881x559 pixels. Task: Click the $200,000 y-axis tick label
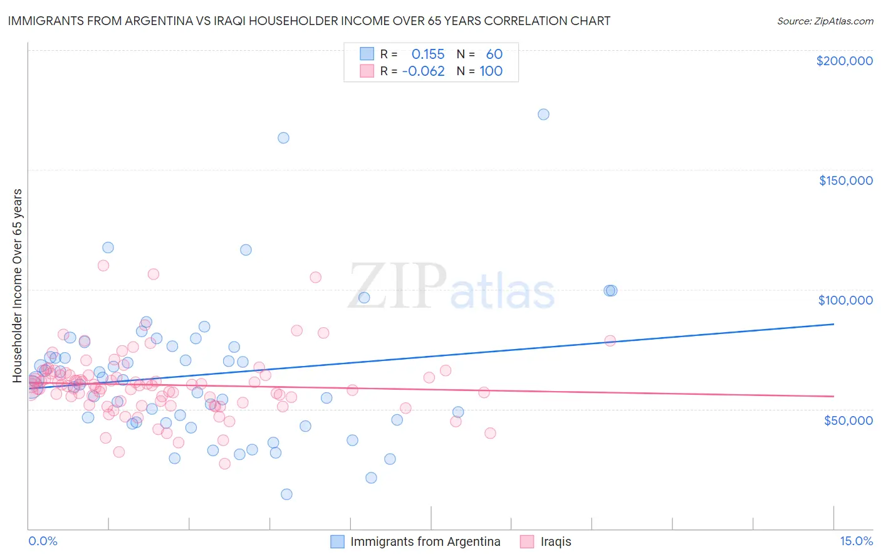click(844, 61)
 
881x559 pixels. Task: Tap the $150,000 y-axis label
click(845, 180)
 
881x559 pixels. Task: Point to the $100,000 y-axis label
click(845, 300)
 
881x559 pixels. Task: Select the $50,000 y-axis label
click(848, 420)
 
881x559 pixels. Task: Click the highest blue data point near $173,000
click(543, 114)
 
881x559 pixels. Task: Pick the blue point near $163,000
click(283, 138)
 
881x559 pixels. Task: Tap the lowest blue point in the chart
click(286, 494)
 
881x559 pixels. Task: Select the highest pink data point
click(103, 265)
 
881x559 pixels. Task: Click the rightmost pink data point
click(610, 340)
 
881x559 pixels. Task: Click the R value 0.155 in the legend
click(428, 55)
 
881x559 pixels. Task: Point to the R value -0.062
click(424, 71)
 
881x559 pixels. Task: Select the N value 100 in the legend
click(491, 71)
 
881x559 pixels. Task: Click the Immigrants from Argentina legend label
click(425, 541)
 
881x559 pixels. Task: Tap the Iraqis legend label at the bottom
click(556, 541)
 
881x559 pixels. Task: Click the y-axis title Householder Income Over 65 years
click(18, 285)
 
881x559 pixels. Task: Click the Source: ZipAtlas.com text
click(825, 21)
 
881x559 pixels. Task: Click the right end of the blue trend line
click(833, 324)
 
